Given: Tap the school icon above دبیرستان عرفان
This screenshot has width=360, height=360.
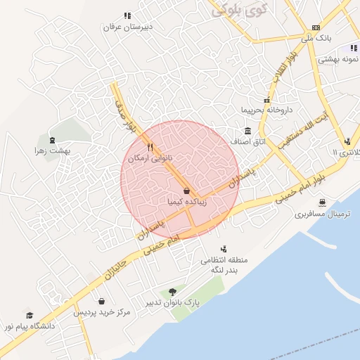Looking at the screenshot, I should click(x=127, y=15).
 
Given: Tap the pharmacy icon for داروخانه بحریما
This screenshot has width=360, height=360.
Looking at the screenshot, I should click(x=266, y=100).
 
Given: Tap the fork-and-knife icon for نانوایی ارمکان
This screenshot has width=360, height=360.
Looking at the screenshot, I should click(x=150, y=148).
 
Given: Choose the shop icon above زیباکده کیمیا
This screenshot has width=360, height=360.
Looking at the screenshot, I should click(x=186, y=190).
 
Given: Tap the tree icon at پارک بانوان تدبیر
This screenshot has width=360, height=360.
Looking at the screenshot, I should click(x=172, y=291).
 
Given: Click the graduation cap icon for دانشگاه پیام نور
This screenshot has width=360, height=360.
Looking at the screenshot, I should click(x=30, y=315).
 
